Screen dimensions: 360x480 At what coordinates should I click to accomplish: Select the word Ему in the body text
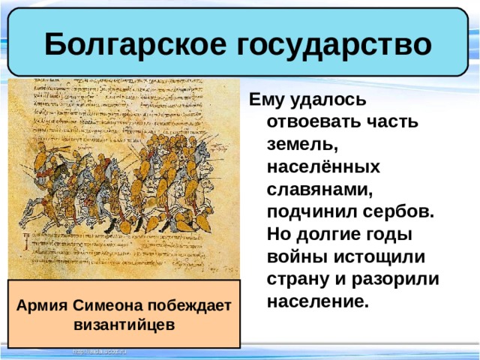tap(265, 99)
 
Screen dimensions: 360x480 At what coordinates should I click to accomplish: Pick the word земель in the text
tap(298, 144)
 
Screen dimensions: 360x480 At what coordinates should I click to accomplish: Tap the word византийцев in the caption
tap(124, 325)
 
